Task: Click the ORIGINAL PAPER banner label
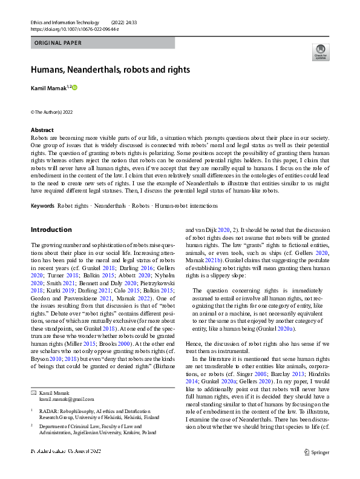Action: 58,43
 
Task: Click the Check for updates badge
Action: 320,52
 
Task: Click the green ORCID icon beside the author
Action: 75,88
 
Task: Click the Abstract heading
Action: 42,130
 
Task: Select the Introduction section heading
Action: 51,230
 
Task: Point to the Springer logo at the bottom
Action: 317,468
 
